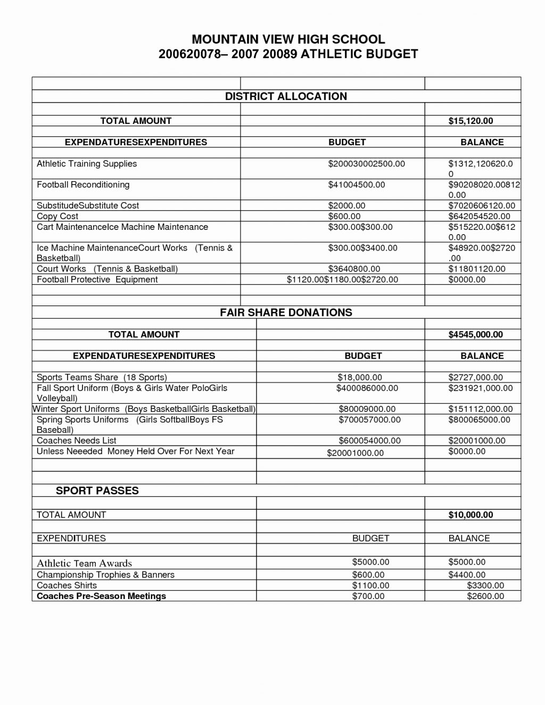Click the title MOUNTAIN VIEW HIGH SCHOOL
point(288,39)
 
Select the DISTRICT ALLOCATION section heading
point(286,96)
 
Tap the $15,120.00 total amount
point(470,121)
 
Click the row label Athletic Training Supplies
point(87,164)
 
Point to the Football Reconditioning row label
point(83,185)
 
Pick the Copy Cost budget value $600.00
point(344,216)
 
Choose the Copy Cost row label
point(57,216)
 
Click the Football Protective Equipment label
point(97,279)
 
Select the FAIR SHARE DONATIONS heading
point(286,312)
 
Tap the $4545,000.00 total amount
point(475,334)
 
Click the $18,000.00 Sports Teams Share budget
point(360,377)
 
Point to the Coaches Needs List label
point(76,441)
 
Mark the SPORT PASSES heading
point(97,491)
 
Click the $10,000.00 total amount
point(470,515)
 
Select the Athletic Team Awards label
point(84,563)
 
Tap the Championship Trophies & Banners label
point(105,575)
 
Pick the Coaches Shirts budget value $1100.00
point(370,585)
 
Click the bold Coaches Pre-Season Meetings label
point(101,596)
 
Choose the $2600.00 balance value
point(485,596)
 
